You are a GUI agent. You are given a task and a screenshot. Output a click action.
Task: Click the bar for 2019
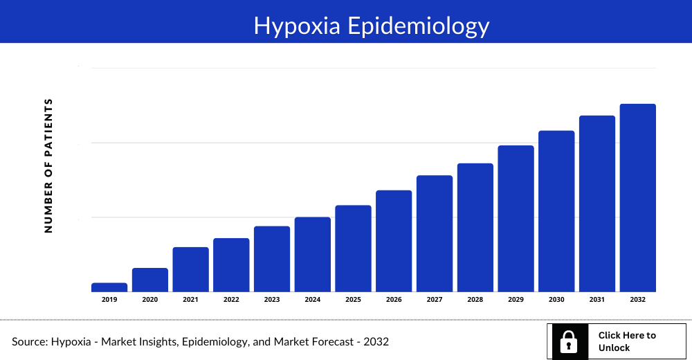click(x=109, y=287)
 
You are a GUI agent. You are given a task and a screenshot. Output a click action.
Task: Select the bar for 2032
click(x=637, y=198)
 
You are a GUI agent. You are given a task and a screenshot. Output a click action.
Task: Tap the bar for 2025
click(x=353, y=249)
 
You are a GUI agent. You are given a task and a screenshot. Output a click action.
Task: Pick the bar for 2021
click(x=190, y=269)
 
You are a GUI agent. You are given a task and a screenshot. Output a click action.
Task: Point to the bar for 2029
click(x=516, y=219)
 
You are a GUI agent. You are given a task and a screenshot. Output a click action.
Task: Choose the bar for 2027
click(x=434, y=233)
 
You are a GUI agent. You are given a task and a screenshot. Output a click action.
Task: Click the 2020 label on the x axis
click(x=150, y=300)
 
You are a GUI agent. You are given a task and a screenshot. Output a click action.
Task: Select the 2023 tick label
click(x=272, y=300)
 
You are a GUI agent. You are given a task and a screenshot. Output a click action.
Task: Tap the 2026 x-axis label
click(x=394, y=300)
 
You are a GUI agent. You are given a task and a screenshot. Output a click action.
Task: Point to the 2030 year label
click(x=556, y=300)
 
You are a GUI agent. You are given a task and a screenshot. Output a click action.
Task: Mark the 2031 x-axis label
click(x=597, y=300)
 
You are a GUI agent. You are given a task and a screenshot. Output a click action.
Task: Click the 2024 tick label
click(x=312, y=300)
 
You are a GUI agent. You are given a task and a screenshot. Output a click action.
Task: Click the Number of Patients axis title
click(x=48, y=165)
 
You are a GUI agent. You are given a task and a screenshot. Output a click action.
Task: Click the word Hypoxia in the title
click(x=297, y=26)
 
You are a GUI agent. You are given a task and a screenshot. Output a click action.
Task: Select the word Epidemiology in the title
click(x=418, y=26)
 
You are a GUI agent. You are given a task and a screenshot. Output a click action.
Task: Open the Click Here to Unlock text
click(x=626, y=341)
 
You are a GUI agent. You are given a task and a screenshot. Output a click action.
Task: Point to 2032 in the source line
click(x=376, y=342)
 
